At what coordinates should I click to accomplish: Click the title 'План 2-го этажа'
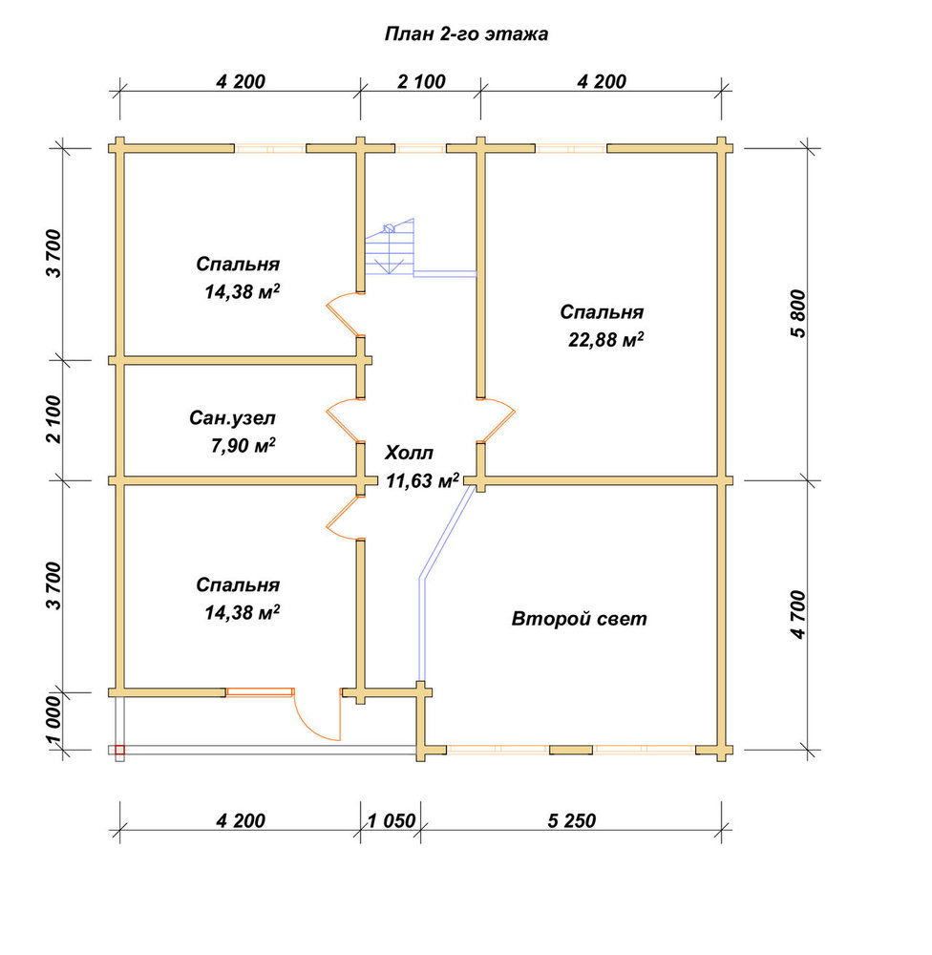(466, 34)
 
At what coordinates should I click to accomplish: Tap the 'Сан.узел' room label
(232, 418)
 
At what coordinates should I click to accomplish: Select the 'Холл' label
(409, 453)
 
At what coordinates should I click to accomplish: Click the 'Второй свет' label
(579, 620)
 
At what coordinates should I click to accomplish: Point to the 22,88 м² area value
(605, 339)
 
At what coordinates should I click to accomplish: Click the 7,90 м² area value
(244, 446)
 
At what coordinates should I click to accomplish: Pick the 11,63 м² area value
(421, 481)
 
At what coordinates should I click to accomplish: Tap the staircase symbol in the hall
(390, 248)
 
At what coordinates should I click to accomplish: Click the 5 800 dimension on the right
(797, 313)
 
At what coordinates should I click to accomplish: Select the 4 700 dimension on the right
(797, 614)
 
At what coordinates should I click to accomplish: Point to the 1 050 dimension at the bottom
(392, 821)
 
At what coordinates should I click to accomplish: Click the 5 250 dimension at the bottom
(571, 821)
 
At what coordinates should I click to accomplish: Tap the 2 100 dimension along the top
(421, 81)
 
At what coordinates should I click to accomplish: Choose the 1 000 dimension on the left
(53, 722)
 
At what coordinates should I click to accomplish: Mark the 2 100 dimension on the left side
(53, 419)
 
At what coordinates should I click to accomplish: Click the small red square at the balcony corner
(120, 751)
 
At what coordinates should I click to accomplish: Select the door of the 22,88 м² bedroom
(498, 420)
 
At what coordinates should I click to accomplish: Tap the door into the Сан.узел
(344, 420)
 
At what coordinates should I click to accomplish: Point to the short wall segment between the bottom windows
(571, 750)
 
